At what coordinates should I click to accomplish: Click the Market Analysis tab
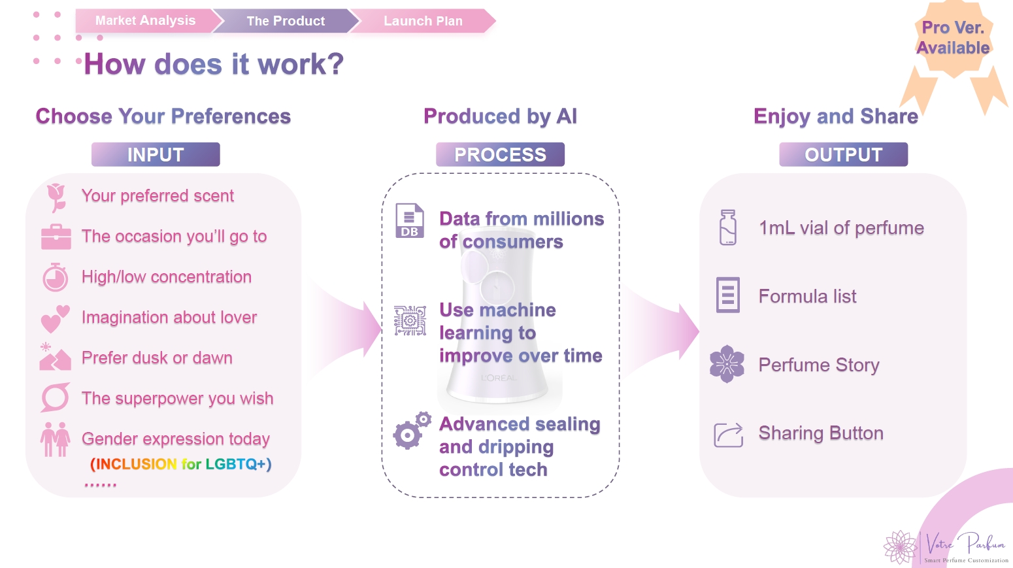pyautogui.click(x=145, y=21)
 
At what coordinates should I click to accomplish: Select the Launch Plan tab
pyautogui.click(x=423, y=21)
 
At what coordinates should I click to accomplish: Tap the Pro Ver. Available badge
pyautogui.click(x=953, y=39)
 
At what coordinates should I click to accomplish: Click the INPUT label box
pyautogui.click(x=156, y=155)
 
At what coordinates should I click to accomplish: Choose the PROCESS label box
pyautogui.click(x=500, y=155)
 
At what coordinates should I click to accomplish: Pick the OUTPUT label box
pyautogui.click(x=843, y=155)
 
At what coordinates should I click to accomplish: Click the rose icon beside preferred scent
pyautogui.click(x=56, y=197)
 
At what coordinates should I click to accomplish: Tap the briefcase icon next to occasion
pyautogui.click(x=56, y=237)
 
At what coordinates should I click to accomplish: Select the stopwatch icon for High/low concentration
pyautogui.click(x=56, y=277)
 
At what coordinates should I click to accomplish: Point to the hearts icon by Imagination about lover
pyautogui.click(x=55, y=318)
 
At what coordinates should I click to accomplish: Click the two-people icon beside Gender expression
pyautogui.click(x=56, y=439)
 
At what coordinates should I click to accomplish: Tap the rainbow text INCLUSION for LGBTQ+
pyautogui.click(x=180, y=464)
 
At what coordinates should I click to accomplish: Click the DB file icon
pyautogui.click(x=410, y=221)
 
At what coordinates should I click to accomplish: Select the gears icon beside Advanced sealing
pyautogui.click(x=411, y=431)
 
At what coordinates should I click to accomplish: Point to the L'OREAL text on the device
pyautogui.click(x=499, y=378)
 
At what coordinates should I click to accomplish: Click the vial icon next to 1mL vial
pyautogui.click(x=727, y=227)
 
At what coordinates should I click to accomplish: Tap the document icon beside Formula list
pyautogui.click(x=728, y=295)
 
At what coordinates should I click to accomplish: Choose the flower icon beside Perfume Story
pyautogui.click(x=727, y=364)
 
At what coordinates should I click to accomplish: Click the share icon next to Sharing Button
pyautogui.click(x=729, y=435)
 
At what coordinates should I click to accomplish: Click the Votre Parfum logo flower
pyautogui.click(x=901, y=546)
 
